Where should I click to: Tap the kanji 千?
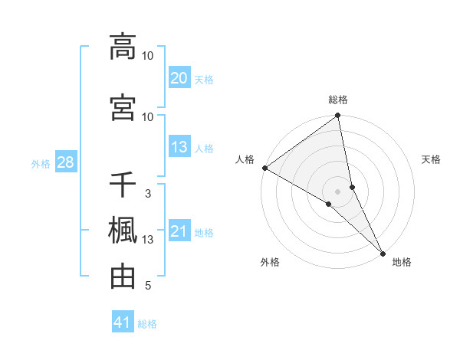(123, 185)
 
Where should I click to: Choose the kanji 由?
(123, 277)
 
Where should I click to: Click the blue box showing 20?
(179, 77)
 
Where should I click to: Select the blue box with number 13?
(179, 147)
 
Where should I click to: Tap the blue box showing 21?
(179, 231)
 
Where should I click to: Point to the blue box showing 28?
(65, 162)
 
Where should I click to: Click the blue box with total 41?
(123, 322)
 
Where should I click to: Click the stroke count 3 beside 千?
(148, 194)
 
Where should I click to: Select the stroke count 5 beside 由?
(148, 286)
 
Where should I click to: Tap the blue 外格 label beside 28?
(41, 163)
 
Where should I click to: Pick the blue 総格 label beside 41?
(147, 324)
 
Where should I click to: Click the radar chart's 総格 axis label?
(338, 100)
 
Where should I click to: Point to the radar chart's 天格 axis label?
(431, 159)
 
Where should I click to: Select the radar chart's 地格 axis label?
(402, 262)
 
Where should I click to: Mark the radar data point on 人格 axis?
(264, 168)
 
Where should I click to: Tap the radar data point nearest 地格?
(383, 252)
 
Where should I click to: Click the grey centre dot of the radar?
(338, 191)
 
